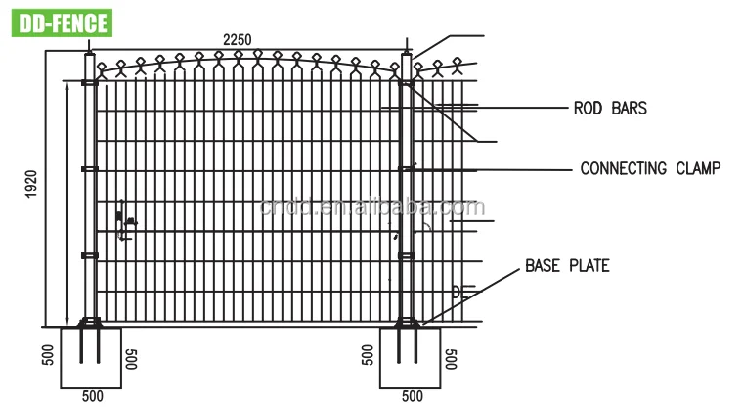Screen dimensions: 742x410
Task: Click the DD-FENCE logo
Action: point(60,23)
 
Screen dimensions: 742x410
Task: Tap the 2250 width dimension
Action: point(237,39)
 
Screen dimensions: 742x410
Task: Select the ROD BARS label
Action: point(609,109)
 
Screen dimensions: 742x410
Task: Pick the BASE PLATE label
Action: point(567,265)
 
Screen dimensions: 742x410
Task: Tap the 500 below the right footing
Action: point(411,396)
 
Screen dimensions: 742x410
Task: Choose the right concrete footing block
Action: point(411,357)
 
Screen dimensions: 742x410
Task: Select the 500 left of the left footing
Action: point(48,356)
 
